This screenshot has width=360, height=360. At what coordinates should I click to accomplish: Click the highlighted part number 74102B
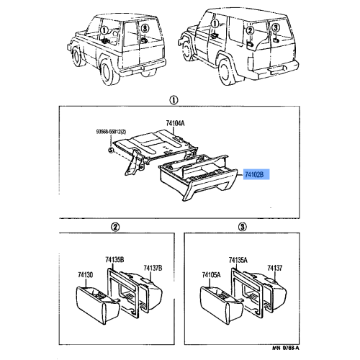click(253, 174)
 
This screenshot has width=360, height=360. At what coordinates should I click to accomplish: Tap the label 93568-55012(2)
click(115, 132)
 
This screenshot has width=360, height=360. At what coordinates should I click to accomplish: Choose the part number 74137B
click(153, 268)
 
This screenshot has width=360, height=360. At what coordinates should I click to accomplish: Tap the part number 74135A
click(238, 258)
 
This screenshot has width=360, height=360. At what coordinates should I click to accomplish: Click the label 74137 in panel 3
click(276, 267)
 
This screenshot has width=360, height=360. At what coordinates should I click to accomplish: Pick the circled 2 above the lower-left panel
click(114, 228)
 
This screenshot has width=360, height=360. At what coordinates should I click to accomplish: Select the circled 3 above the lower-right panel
click(243, 228)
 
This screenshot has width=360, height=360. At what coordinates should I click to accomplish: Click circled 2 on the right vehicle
click(250, 31)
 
